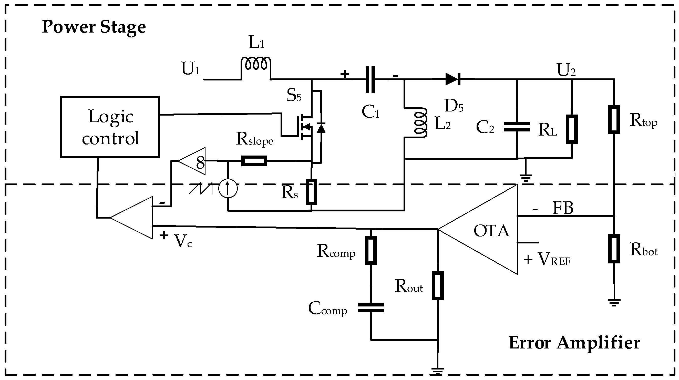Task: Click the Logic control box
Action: point(110,127)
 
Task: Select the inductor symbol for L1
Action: point(256,65)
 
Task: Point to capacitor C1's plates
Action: point(370,79)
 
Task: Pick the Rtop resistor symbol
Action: point(614,120)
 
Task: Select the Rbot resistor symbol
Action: point(614,249)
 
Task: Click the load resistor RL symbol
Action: point(572,129)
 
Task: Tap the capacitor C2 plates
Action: point(517,127)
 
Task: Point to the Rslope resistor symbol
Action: point(254,161)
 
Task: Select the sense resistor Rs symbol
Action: point(311,192)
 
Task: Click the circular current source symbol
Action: point(228,188)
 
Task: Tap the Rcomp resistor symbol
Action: point(371,250)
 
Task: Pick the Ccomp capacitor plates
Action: point(371,308)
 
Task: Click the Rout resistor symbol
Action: point(438,286)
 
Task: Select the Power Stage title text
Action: point(94,27)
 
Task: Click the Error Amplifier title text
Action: point(575,343)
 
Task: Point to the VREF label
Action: point(553,259)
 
